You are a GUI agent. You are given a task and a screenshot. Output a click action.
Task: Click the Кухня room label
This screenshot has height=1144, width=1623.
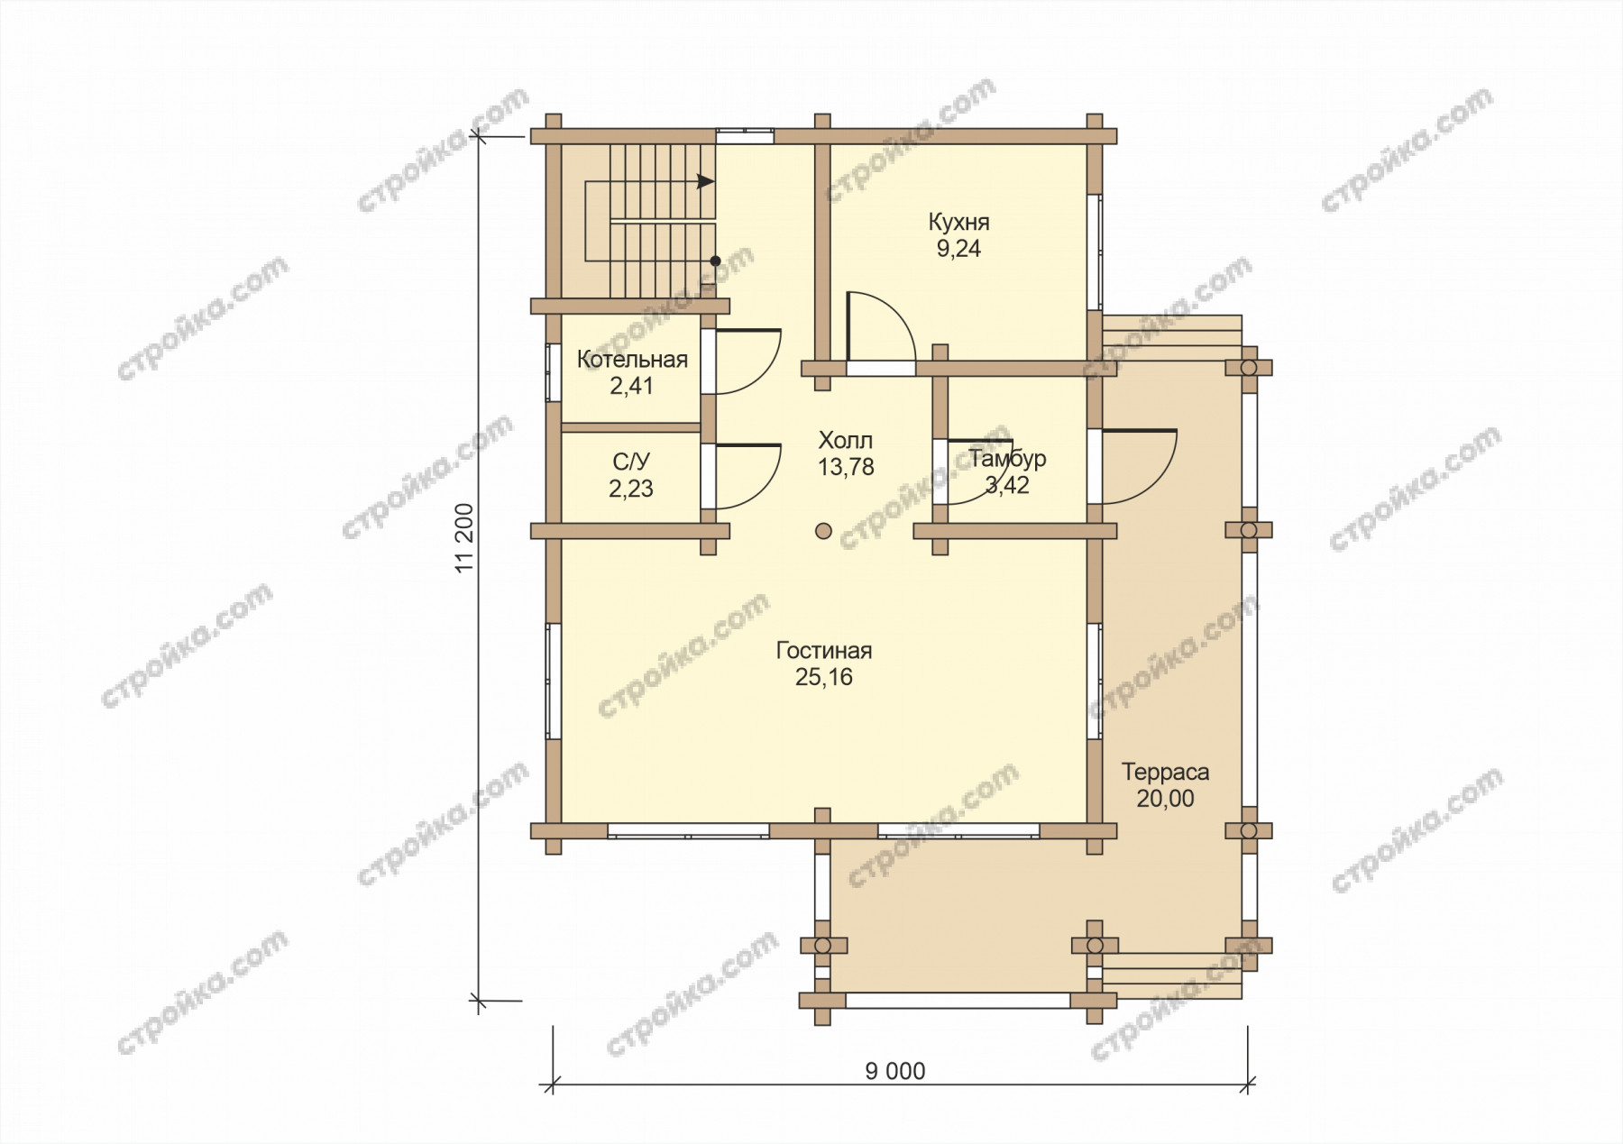958,222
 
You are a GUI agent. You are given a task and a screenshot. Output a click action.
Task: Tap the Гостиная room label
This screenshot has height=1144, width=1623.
824,650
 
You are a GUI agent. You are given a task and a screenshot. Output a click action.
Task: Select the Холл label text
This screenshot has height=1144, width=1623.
846,441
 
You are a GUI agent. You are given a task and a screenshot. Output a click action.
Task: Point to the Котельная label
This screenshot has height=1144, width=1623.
632,360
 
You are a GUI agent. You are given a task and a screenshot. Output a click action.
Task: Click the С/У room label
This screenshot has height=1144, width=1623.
631,462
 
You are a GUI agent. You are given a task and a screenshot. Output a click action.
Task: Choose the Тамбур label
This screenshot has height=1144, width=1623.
1008,459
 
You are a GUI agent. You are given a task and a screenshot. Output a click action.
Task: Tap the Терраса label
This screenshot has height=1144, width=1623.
1165,773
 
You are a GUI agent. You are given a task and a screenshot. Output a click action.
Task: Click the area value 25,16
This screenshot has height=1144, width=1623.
824,677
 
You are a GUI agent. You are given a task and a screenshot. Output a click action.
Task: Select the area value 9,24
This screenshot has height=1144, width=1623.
958,249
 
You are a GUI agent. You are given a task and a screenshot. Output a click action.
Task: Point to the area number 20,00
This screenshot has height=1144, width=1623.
1165,799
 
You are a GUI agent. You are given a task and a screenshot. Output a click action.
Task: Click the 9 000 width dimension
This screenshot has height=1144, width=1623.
895,1071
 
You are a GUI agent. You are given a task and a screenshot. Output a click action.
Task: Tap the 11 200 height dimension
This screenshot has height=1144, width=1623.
463,538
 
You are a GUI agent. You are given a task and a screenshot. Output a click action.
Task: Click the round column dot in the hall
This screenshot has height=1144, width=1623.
823,531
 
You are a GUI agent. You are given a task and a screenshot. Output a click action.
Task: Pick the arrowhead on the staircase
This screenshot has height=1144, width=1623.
706,181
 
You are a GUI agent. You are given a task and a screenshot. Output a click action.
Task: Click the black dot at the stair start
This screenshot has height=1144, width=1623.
715,261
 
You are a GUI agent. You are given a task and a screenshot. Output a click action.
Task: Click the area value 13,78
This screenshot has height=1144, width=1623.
846,467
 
